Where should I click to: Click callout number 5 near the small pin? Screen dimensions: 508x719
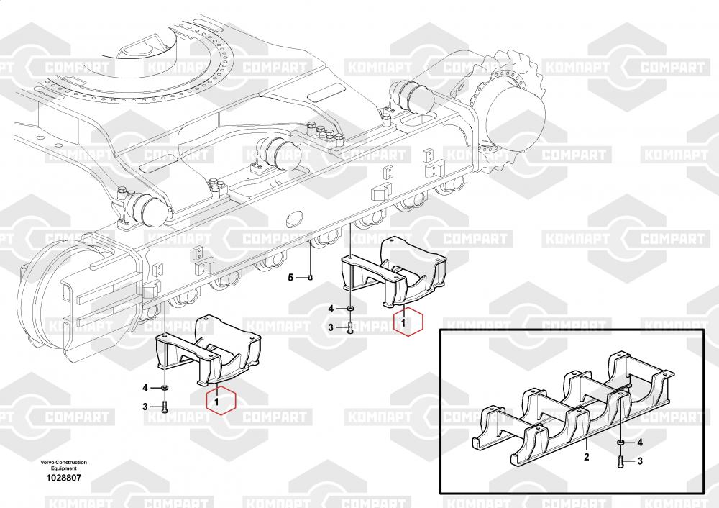[291, 277]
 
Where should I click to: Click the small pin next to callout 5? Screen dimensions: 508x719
[309, 277]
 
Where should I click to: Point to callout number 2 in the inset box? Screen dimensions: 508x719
[586, 456]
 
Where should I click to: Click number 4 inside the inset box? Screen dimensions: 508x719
[640, 442]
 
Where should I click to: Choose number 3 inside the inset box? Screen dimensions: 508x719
[640, 461]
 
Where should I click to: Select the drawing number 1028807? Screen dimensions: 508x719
[64, 478]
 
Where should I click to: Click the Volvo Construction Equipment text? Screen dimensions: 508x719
[64, 465]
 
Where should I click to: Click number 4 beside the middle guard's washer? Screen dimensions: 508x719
[331, 309]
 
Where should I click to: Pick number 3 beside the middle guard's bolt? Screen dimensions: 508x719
[331, 327]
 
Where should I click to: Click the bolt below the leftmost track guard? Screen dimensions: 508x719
[165, 407]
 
